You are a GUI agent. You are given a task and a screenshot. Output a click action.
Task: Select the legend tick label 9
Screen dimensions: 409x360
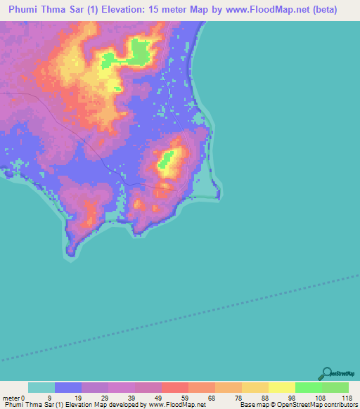pyautogui.click(x=49, y=397)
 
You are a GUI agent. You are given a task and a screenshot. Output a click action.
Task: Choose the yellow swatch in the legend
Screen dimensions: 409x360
pyautogui.click(x=281, y=387)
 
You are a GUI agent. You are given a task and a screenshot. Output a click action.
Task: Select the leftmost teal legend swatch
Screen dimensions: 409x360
pyautogui.click(x=41, y=387)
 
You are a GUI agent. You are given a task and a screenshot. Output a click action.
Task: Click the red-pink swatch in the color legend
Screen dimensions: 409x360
pyautogui.click(x=174, y=387)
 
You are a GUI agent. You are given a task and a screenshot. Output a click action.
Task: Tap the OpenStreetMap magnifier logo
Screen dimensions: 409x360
pyautogui.click(x=326, y=374)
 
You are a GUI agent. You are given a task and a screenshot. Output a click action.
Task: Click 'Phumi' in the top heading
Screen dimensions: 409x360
pyautogui.click(x=27, y=10)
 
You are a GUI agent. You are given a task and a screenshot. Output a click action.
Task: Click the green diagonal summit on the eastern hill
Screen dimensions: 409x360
pyautogui.click(x=167, y=162)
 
